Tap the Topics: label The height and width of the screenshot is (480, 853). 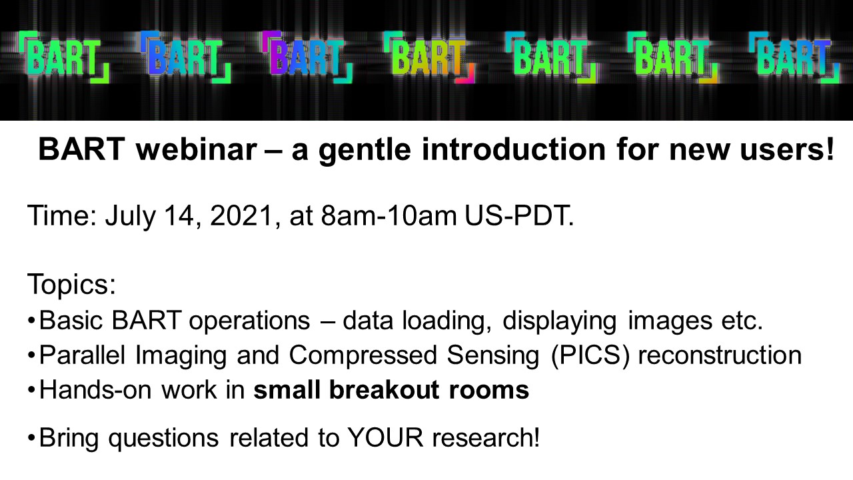71,285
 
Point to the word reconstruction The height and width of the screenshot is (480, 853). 719,355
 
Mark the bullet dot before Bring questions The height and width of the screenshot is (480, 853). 31,439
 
